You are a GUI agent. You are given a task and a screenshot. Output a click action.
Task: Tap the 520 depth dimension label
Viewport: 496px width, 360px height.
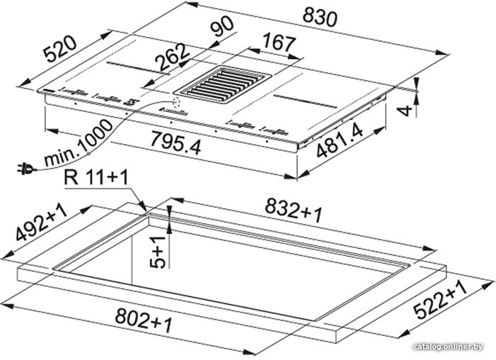pyautogui.click(x=60, y=48)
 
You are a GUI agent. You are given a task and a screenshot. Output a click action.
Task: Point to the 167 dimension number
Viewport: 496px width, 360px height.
pyautogui.click(x=279, y=42)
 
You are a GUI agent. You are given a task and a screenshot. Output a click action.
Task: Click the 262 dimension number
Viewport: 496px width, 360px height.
pyautogui.click(x=173, y=57)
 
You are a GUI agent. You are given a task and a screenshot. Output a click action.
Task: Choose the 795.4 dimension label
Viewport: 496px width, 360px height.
pyautogui.click(x=176, y=143)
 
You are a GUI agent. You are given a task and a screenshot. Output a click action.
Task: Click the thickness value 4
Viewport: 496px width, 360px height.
pyautogui.click(x=405, y=111)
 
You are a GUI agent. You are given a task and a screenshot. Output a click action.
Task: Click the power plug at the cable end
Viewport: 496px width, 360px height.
pyautogui.click(x=26, y=169)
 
